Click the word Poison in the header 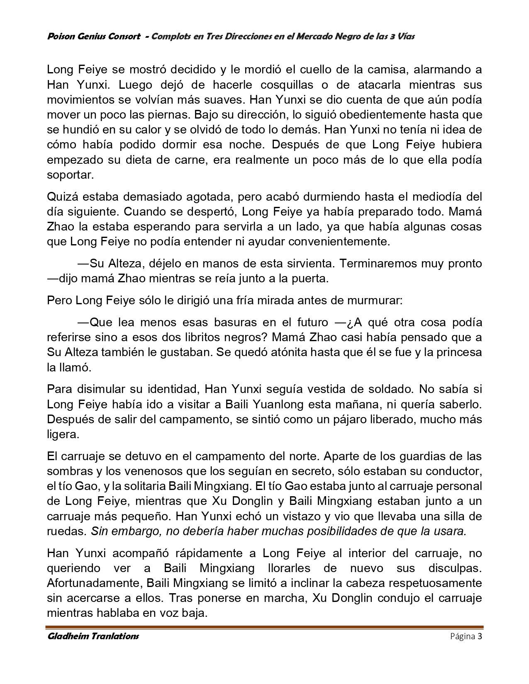coord(60,36)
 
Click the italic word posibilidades coord(332,531)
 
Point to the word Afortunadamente coord(95,583)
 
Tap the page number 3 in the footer coord(480,637)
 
